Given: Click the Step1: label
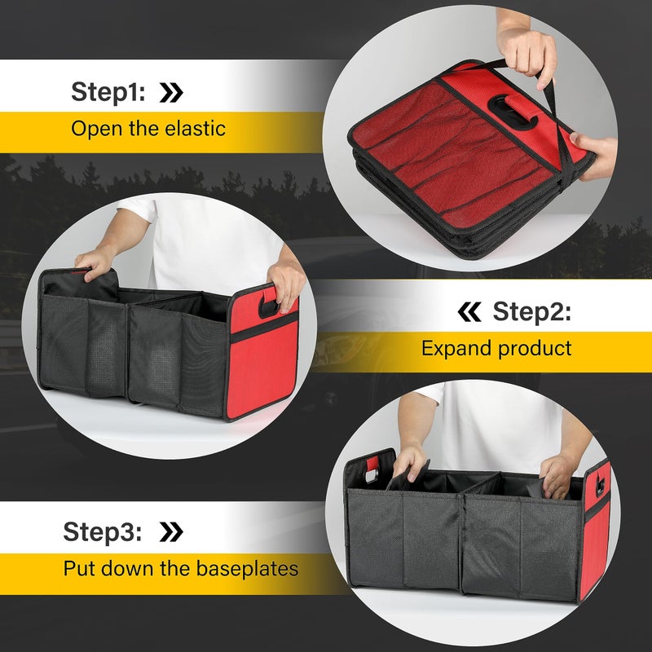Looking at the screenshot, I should point(108,91).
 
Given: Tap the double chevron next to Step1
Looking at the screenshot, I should point(171,92).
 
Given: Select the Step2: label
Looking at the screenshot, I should point(531,311).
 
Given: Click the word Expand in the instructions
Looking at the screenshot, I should point(456,349).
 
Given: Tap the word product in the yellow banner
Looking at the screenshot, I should point(535,349).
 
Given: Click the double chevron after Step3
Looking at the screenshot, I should point(170,532).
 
